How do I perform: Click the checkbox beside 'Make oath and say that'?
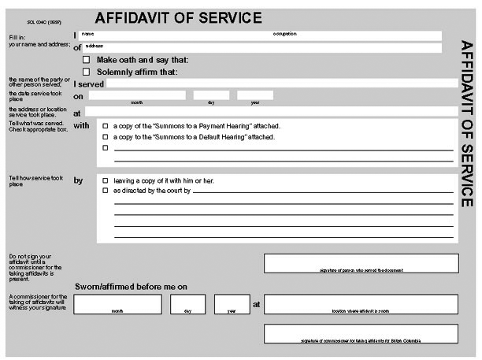point(86,60)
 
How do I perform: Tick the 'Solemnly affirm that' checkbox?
point(86,72)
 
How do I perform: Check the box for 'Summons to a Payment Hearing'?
point(105,126)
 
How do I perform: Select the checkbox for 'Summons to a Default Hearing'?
point(105,137)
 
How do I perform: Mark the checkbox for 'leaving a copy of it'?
point(105,180)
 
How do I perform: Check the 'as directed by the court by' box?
point(105,191)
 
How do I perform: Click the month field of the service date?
point(135,95)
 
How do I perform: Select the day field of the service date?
point(211,95)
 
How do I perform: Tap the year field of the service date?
point(255,95)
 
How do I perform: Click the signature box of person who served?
point(361,262)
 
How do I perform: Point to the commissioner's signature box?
point(361,333)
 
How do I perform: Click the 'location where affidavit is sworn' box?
point(361,303)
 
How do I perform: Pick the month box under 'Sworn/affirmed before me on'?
point(117,303)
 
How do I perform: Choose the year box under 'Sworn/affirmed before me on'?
point(232,303)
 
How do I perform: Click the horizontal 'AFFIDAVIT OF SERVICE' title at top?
point(178,18)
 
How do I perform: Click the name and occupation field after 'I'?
point(260,35)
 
